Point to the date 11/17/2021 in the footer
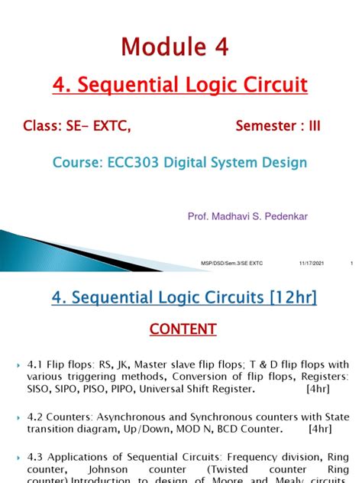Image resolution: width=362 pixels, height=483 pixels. [311, 264]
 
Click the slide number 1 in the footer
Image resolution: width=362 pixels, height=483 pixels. [351, 264]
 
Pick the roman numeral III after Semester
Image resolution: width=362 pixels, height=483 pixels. [312, 126]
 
